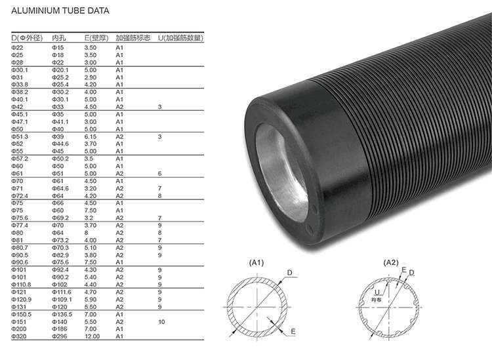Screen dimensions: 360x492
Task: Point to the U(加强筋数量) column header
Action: click(x=180, y=38)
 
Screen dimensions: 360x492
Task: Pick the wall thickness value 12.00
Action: click(x=92, y=336)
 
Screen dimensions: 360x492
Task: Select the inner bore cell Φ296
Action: click(x=59, y=336)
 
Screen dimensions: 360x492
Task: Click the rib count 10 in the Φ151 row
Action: click(x=161, y=321)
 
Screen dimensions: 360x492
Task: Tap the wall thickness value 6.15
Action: click(x=91, y=136)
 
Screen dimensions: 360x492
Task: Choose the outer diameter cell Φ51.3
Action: click(x=20, y=136)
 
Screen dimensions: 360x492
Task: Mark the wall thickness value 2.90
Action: click(x=91, y=77)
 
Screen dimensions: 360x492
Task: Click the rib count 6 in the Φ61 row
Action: click(x=159, y=173)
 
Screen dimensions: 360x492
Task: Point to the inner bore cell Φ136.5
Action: click(x=62, y=314)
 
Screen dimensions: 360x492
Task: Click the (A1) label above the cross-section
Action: click(x=256, y=262)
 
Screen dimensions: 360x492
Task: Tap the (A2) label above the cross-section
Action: click(x=392, y=262)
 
